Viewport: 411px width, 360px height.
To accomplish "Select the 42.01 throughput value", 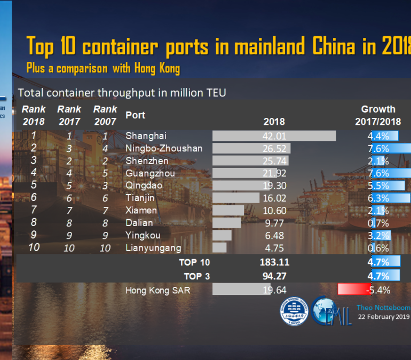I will coord(274,136).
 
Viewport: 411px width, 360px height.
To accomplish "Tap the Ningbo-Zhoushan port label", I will coord(163,148).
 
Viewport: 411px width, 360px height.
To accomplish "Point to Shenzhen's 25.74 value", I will coord(274,161).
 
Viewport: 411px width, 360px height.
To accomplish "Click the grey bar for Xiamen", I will coord(228,210).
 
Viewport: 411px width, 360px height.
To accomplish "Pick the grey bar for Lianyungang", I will coord(219,247).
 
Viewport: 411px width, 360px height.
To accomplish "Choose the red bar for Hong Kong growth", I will coord(354,290).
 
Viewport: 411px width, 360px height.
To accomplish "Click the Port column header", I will coord(135,115).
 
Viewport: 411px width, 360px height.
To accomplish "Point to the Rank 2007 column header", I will coord(105,115).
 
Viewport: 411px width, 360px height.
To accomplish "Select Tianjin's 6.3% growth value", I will coord(378,198).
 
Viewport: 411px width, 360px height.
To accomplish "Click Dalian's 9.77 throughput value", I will coord(274,223).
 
